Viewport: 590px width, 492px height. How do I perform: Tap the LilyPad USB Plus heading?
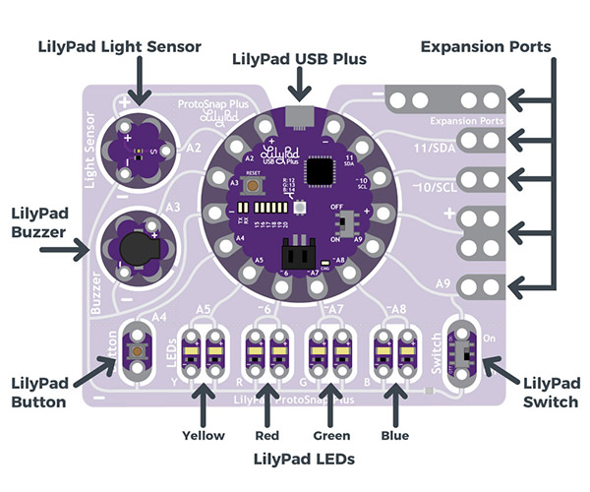299,59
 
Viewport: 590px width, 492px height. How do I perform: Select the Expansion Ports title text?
485,46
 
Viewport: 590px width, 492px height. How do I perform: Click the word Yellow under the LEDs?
204,435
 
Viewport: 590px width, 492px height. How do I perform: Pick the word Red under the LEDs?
266,435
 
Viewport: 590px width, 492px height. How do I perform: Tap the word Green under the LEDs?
330,435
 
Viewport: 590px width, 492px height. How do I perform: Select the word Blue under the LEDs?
394,435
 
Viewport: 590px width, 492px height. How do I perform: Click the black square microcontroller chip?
322,172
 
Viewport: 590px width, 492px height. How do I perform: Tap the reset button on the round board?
254,184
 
